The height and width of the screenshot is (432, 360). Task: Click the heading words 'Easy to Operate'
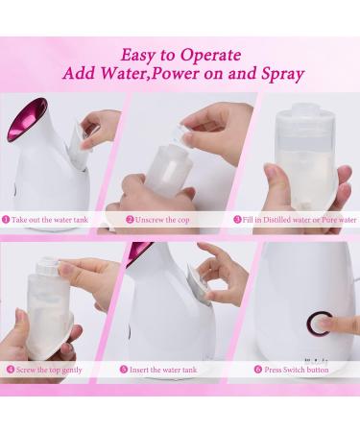[180, 55]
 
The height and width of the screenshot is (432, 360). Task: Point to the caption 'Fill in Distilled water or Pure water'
[299, 219]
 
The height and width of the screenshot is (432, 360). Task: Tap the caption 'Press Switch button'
[296, 368]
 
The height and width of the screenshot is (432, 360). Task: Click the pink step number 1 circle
[7, 219]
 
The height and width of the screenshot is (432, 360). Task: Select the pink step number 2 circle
[129, 219]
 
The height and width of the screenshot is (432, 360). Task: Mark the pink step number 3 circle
[237, 219]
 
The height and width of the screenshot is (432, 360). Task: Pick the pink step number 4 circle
[8, 368]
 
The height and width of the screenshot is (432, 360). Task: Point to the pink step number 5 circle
[124, 368]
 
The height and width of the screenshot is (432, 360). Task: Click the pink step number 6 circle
[258, 368]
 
